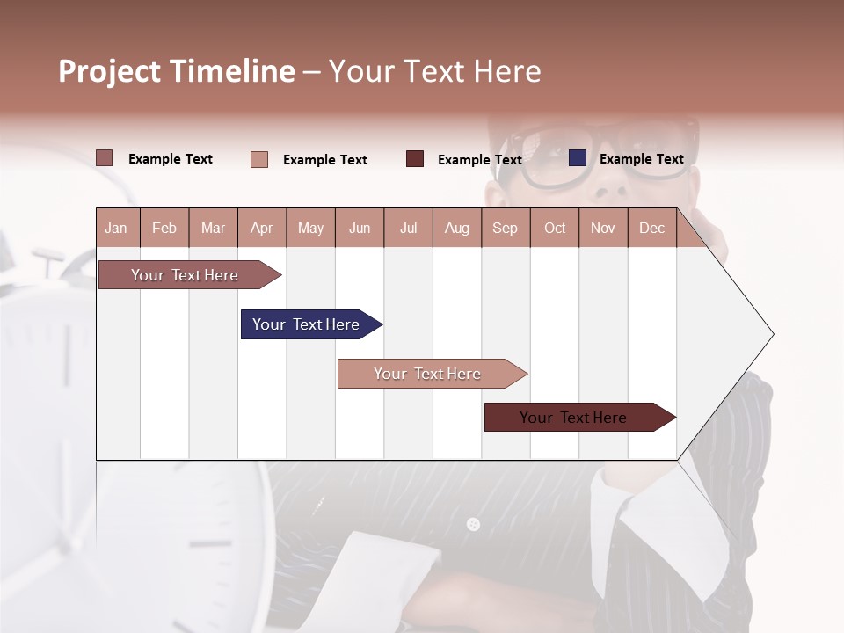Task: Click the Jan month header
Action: [x=117, y=228]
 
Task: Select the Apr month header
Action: [x=262, y=228]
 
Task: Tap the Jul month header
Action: [x=408, y=228]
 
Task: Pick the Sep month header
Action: [x=506, y=228]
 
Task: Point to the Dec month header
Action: [x=651, y=228]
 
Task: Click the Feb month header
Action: [x=164, y=228]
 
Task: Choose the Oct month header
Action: [x=555, y=228]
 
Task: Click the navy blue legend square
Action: [x=578, y=158]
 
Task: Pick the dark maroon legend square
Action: [x=415, y=159]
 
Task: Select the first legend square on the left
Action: [x=105, y=158]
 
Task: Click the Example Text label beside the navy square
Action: [x=641, y=159]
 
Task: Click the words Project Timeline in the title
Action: [x=176, y=71]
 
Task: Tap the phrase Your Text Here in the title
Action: [x=434, y=71]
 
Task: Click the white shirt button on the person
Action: [x=473, y=524]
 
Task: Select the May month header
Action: [x=310, y=228]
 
